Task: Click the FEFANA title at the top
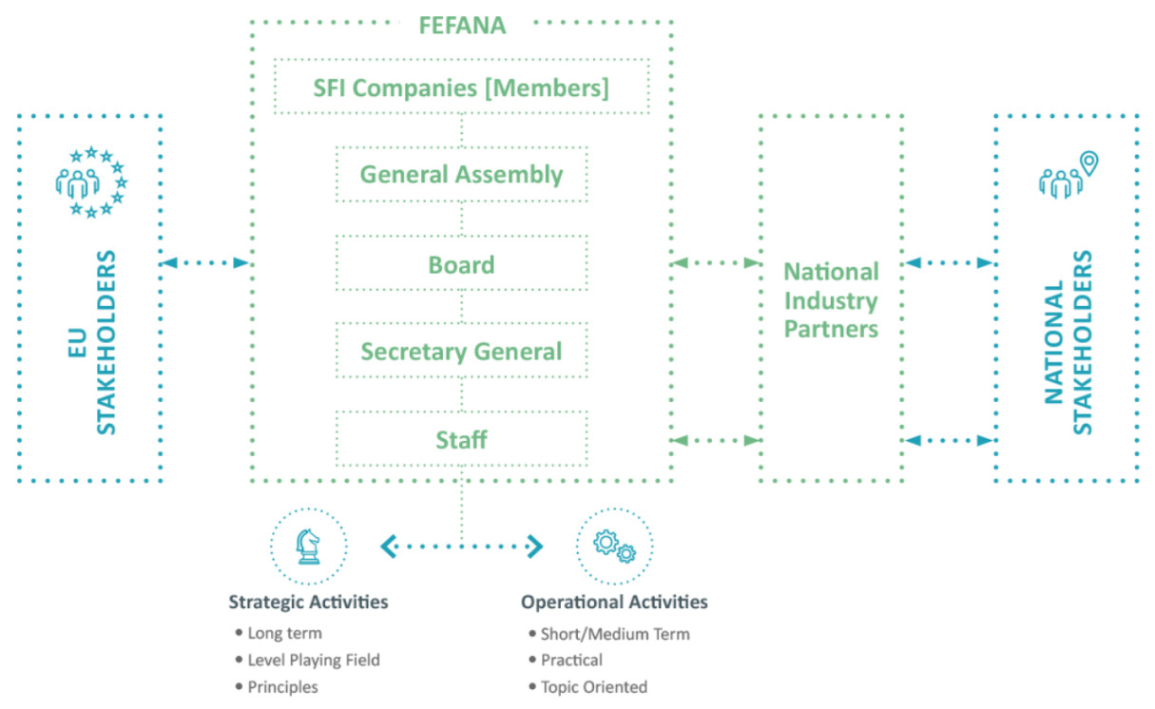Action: (462, 25)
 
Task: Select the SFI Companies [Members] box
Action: (461, 87)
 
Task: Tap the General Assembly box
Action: (461, 175)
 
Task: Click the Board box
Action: (461, 263)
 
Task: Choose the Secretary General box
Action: (461, 352)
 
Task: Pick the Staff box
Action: (461, 439)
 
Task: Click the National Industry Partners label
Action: (830, 300)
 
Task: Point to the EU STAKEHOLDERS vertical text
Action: (93, 342)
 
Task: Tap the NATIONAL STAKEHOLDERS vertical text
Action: (1068, 342)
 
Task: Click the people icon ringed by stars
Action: (91, 182)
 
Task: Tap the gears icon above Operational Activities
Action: (614, 546)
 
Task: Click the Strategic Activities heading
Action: (308, 603)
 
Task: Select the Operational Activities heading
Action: (614, 603)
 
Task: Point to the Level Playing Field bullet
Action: (314, 660)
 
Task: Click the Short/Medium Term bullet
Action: (614, 634)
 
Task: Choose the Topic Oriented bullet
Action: (593, 687)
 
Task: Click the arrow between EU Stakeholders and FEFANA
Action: (205, 262)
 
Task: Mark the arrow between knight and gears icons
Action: (461, 546)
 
